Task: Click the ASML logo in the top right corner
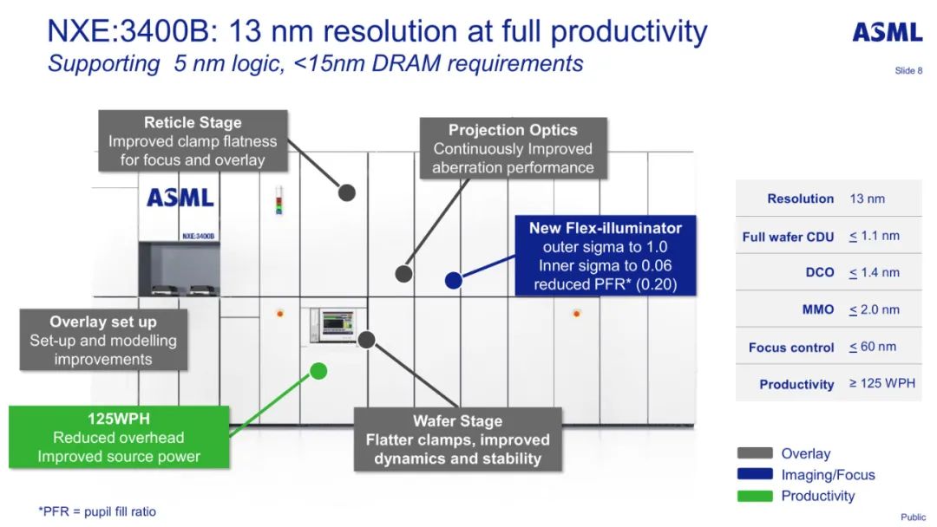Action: click(x=887, y=33)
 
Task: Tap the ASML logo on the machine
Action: click(x=180, y=198)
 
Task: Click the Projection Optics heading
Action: click(x=513, y=130)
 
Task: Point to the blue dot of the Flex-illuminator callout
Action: click(x=452, y=280)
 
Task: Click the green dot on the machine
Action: click(x=318, y=371)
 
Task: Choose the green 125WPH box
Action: click(x=119, y=437)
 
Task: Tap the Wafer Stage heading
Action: click(x=457, y=421)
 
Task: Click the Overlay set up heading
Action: click(x=102, y=322)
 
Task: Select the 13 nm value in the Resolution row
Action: click(x=867, y=198)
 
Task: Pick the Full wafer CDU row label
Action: click(x=788, y=237)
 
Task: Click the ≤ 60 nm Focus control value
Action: click(x=873, y=347)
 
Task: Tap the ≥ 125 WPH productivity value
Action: click(x=881, y=383)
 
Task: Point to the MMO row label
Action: click(x=818, y=309)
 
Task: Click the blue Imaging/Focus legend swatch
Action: click(x=754, y=475)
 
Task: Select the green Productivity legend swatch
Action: click(x=754, y=496)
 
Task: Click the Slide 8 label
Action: click(x=908, y=70)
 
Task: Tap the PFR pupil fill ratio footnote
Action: click(x=97, y=511)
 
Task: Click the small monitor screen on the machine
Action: click(x=334, y=324)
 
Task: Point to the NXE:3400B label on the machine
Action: click(x=198, y=236)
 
